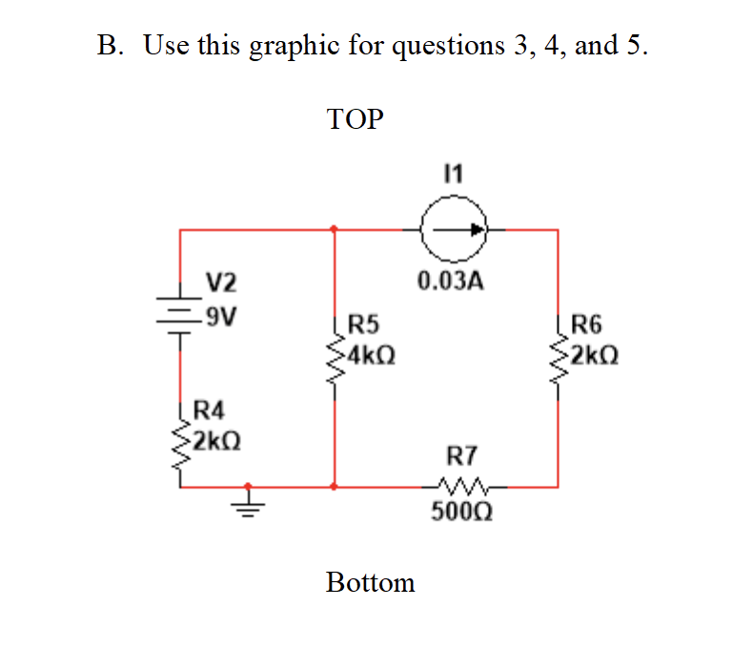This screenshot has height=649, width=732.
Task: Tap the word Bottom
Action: point(370,582)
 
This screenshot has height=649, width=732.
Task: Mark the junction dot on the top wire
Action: point(334,229)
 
